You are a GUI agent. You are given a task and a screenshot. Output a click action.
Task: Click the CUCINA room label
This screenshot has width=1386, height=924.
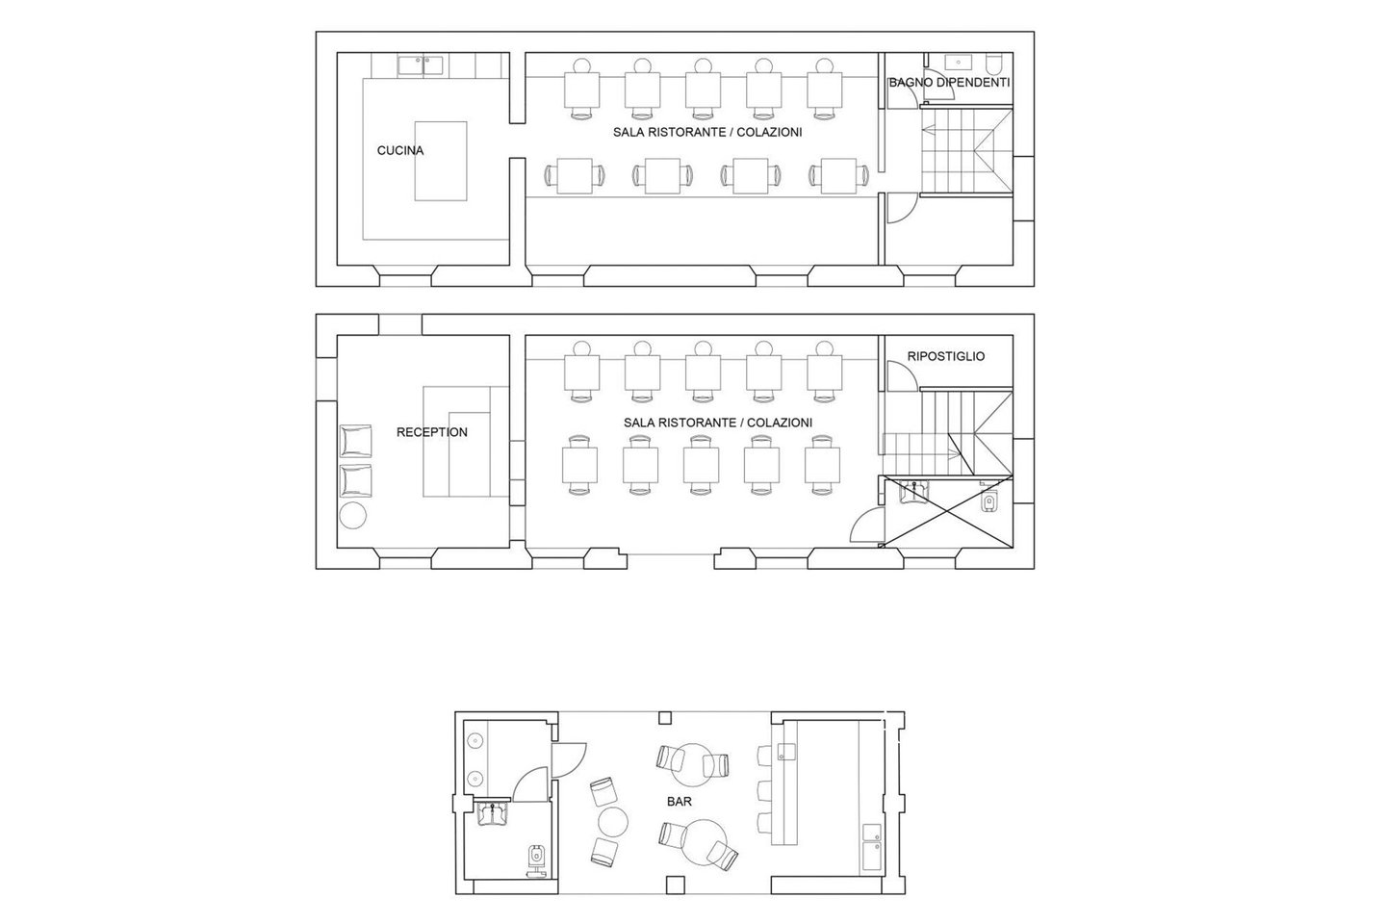400,150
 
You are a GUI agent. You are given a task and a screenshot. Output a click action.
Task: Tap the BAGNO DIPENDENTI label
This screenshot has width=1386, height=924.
949,83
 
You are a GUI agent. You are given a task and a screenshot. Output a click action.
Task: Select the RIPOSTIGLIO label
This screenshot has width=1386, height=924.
946,356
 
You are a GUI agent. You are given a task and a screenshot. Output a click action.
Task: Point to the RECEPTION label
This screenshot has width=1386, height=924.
432,432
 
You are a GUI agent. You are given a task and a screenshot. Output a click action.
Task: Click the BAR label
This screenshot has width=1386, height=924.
680,802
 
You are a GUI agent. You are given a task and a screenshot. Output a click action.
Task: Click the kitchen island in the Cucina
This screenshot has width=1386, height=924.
441,161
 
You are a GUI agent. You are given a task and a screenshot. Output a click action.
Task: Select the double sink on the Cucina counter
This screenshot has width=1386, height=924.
420,65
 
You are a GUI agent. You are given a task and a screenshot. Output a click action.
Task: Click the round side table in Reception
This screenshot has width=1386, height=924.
353,515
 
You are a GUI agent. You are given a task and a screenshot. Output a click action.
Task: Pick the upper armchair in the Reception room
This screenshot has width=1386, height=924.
356,441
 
